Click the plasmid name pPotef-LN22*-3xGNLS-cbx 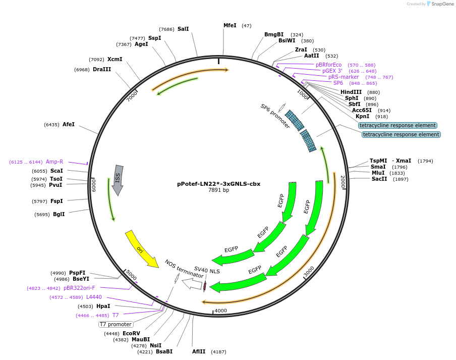tap(218, 184)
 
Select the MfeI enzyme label tap(230, 25)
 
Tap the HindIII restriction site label tap(351, 92)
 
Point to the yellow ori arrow tap(141, 248)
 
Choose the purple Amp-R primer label tap(54, 162)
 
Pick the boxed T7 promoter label tap(116, 324)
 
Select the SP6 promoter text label tap(275, 116)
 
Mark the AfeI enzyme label tap(69, 124)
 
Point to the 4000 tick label tap(221, 311)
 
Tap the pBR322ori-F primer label tap(79, 288)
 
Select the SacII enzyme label tap(380, 179)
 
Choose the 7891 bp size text tap(218, 190)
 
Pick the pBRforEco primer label tap(328, 65)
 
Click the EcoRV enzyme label tap(131, 333)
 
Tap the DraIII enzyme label tap(101, 69)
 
